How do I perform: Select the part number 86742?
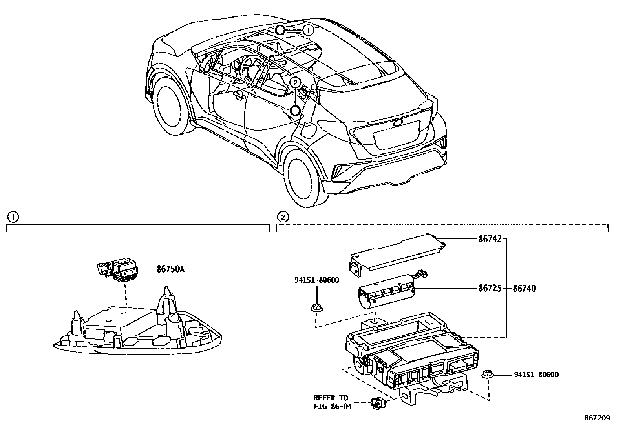[490, 239]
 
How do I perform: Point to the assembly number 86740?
[524, 288]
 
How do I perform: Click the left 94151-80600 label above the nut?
[316, 280]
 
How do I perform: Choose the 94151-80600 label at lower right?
[536, 375]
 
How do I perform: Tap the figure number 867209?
[597, 418]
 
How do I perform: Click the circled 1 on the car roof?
[309, 30]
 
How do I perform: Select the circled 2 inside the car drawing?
[295, 82]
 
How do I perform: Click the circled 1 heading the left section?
[13, 216]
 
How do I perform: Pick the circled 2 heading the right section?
[283, 216]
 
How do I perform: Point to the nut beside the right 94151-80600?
[488, 376]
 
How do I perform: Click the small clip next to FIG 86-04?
[377, 402]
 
